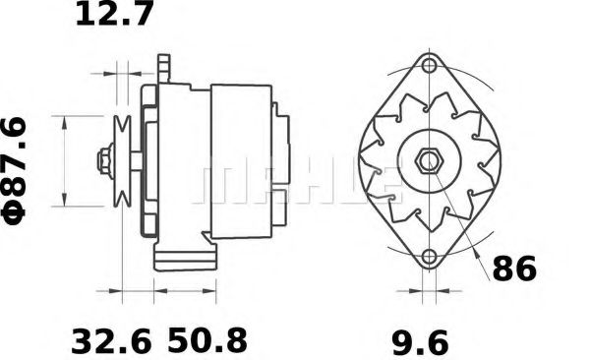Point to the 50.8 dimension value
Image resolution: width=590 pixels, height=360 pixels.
207,342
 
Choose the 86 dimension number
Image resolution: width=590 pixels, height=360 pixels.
514,268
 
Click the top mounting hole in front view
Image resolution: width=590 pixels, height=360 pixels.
428,68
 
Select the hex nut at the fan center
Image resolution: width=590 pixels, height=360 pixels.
428,162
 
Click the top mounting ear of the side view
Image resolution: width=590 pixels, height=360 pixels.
163,68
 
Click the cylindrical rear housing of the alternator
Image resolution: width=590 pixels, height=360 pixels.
241,160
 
